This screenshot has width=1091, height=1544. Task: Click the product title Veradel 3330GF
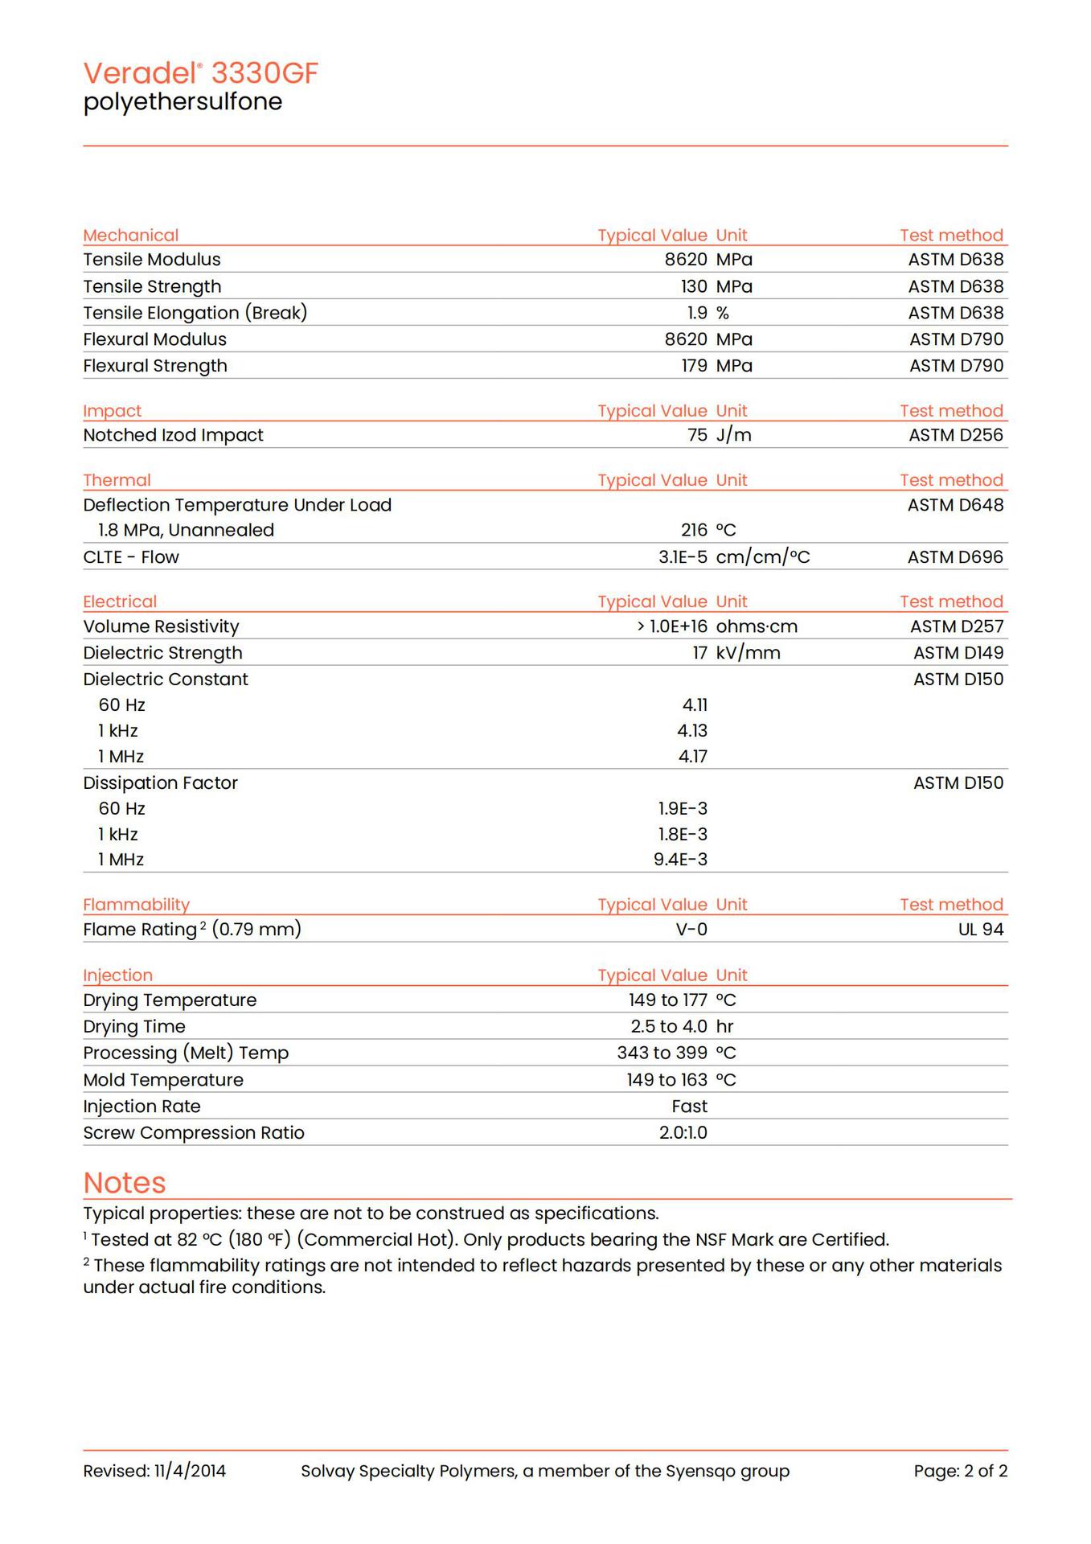point(201,73)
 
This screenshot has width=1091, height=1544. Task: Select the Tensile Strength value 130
point(694,286)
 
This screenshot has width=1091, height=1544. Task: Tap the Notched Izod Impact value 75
point(697,435)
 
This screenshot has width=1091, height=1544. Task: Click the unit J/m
point(733,435)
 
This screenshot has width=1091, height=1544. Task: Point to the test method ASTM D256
point(956,435)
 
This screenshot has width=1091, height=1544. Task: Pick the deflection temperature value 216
point(694,530)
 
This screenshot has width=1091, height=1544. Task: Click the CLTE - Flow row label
point(131,557)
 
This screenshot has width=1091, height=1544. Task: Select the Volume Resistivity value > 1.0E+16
point(672,626)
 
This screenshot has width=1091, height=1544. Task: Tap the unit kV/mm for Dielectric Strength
point(748,653)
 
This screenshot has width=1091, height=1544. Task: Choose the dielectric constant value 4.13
point(692,731)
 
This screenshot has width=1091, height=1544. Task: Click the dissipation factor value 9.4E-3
point(680,860)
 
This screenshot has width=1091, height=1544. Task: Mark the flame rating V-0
point(691,930)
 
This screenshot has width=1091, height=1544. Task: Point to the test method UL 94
point(981,930)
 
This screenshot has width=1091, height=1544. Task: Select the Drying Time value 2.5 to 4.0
point(669,1027)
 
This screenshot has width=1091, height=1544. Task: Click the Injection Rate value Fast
point(689,1107)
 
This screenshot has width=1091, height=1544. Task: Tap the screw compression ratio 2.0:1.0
point(683,1133)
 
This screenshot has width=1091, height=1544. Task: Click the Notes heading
point(125,1183)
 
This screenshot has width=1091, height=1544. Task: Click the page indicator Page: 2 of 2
point(960,1472)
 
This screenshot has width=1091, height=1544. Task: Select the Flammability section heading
point(136,905)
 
